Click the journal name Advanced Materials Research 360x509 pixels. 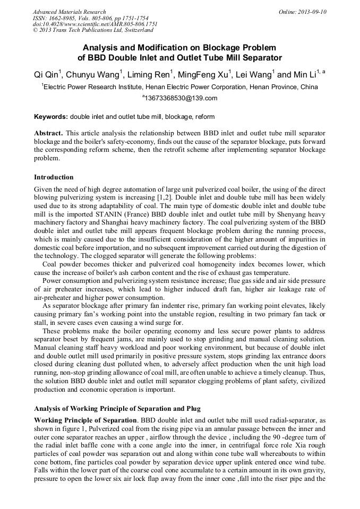(69, 12)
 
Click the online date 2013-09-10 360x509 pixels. (310, 12)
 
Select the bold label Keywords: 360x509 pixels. (51, 117)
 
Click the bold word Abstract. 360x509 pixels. (48, 132)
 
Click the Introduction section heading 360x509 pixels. (54, 177)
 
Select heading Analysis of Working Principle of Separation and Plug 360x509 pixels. (117, 409)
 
